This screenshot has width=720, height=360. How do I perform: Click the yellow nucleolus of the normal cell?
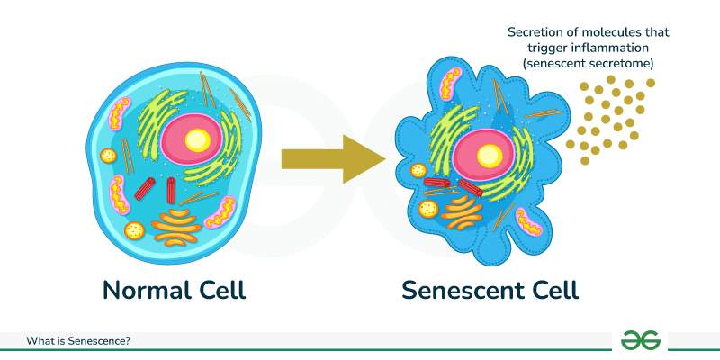197,139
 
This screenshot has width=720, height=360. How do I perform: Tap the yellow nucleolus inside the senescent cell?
489,155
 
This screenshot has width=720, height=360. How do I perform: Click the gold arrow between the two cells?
333,159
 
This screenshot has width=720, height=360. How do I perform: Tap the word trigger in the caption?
562,50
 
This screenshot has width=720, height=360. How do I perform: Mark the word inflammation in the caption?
627,50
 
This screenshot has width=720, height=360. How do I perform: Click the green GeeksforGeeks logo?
641,340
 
